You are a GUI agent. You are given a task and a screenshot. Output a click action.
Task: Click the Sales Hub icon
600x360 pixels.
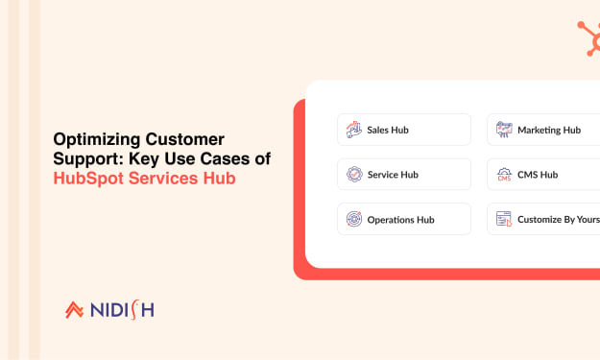(x=354, y=130)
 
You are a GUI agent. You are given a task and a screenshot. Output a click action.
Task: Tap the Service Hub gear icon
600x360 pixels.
(x=354, y=175)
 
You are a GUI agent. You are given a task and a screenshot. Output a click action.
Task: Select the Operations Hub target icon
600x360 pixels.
(x=354, y=219)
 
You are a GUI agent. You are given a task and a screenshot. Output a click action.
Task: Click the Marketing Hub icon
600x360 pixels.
(x=504, y=130)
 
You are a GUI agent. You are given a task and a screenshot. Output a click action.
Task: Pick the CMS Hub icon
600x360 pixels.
(x=504, y=175)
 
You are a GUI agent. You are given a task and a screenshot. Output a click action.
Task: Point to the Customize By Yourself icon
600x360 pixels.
(x=504, y=219)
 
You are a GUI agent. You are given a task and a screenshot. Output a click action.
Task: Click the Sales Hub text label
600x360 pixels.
(x=388, y=130)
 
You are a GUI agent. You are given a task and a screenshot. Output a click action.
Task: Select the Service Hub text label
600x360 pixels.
(x=393, y=175)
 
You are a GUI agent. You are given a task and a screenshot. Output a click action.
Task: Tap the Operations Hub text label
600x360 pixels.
(x=400, y=220)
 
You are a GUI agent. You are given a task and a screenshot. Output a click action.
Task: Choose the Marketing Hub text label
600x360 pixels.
(x=549, y=130)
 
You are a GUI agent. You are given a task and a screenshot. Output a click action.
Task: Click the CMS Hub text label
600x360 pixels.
(x=538, y=175)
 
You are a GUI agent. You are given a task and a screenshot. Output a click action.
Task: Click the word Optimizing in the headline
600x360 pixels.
(x=97, y=140)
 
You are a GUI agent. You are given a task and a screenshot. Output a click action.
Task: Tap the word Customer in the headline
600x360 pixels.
(x=185, y=139)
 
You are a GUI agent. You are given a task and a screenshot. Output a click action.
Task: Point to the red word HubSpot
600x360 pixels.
(x=88, y=179)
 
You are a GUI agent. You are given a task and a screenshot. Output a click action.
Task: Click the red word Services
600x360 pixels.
(x=163, y=179)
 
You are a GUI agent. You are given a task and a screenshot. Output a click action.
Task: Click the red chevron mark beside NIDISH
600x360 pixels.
(x=74, y=310)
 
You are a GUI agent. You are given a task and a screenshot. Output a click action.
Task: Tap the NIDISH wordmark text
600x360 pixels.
(x=123, y=310)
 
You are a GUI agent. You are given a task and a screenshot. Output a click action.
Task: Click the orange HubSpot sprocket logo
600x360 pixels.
(x=589, y=38)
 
